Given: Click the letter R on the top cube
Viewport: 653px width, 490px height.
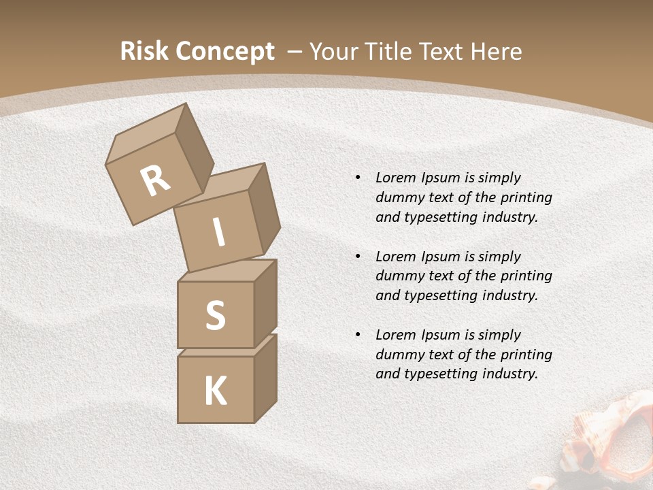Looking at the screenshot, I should tap(156, 181).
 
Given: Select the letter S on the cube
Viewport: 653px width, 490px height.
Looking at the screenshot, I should tap(215, 315).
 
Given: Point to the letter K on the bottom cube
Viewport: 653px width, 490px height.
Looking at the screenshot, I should tap(215, 391).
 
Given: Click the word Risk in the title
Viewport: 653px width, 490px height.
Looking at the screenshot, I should tap(144, 51).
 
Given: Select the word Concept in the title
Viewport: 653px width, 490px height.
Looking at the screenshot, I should tap(224, 52).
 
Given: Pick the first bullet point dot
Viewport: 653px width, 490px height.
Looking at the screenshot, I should tap(358, 178).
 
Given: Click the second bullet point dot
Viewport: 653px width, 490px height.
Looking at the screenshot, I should tap(358, 257).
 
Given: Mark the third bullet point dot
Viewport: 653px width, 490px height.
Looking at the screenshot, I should tap(358, 335).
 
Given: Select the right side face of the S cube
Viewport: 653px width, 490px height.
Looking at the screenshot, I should tap(265, 303).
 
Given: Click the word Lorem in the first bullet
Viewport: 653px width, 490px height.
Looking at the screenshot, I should tap(395, 178).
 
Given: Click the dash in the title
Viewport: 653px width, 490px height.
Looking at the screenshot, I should tap(295, 52).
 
